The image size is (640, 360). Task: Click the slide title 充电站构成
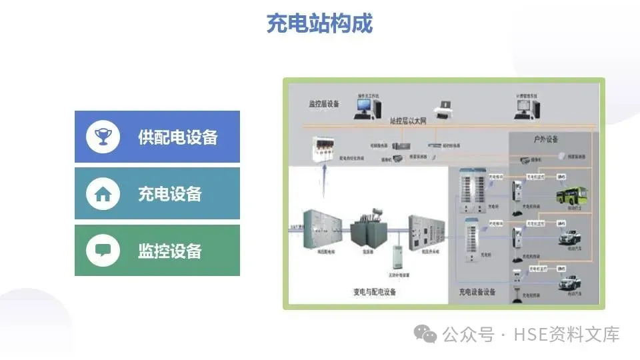point(319,23)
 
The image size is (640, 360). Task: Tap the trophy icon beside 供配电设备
point(103,137)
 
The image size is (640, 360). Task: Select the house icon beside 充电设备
point(103,194)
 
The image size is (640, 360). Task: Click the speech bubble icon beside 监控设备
point(103,251)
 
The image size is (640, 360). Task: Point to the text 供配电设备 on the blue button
point(178,137)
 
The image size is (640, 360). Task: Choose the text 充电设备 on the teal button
point(170,194)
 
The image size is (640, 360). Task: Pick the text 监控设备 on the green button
point(170,251)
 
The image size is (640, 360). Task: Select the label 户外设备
point(545,139)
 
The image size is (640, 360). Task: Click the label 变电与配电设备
point(374,292)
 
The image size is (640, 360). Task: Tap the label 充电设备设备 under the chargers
point(477,292)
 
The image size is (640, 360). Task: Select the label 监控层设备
point(324,104)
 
